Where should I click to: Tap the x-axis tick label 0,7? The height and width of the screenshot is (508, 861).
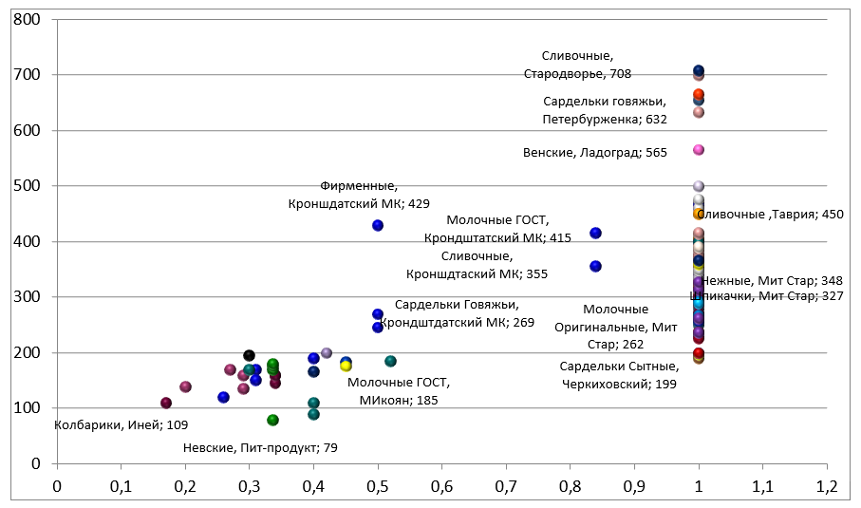pos(506,486)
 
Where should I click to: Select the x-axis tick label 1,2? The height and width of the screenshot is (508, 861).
pos(826,486)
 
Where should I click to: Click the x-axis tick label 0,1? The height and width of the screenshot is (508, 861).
pos(121,486)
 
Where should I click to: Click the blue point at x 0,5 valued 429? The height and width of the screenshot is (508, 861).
pos(378,226)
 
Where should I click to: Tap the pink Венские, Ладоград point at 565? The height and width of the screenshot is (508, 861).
pos(699,150)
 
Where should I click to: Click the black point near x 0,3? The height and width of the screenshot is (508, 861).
pos(249,356)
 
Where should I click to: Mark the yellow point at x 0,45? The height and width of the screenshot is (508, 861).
pos(346,366)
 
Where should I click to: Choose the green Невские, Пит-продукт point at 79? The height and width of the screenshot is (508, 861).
pos(273,420)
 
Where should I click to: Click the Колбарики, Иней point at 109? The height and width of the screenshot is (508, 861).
pos(166,404)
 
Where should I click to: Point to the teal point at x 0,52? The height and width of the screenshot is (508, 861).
pos(390,362)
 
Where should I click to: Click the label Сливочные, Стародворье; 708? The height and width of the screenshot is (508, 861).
pos(577,65)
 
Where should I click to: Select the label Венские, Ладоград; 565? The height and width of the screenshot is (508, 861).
pos(595,152)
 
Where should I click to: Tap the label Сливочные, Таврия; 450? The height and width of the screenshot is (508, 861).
pos(770,215)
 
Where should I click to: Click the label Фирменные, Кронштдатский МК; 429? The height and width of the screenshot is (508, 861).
pos(359,195)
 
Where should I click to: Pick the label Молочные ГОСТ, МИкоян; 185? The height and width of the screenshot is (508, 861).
pos(399,391)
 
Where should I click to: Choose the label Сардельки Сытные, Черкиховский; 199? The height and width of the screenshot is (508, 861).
pos(619,375)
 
